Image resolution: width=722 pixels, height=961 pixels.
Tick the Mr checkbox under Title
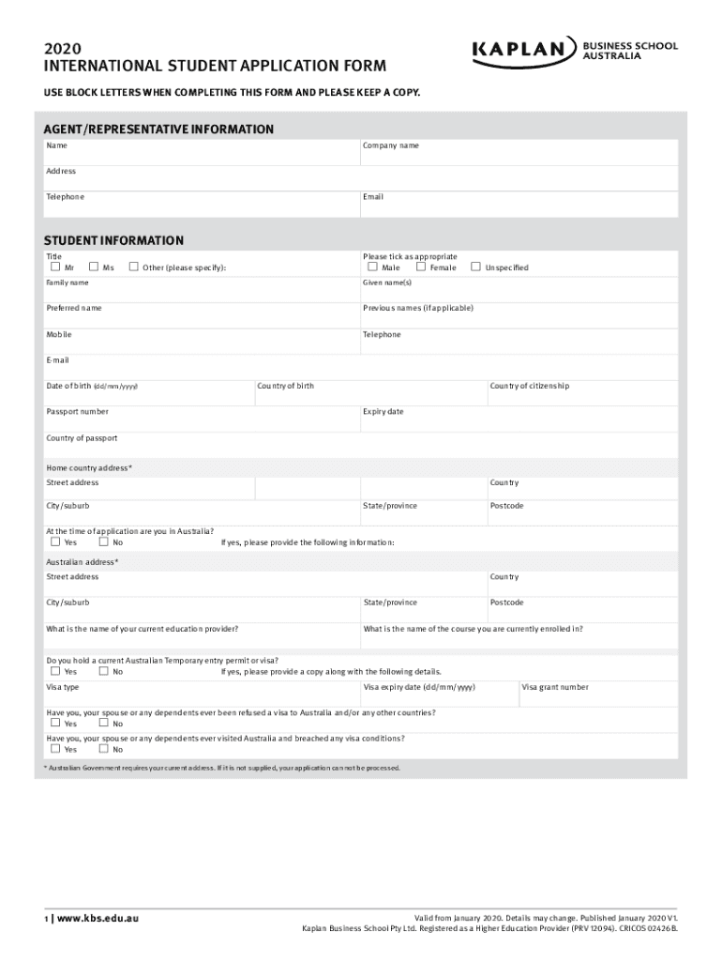[55, 267]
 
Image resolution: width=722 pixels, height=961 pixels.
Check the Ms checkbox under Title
[94, 267]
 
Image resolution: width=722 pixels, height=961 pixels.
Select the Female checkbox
[421, 267]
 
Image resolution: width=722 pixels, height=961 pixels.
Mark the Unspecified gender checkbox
[475, 267]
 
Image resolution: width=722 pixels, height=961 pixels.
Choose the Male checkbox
[372, 267]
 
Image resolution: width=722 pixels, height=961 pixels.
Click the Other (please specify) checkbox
[133, 267]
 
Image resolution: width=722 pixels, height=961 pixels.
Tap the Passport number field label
[77, 412]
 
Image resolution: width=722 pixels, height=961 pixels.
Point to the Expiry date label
[384, 412]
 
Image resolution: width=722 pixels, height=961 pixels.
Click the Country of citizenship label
[529, 386]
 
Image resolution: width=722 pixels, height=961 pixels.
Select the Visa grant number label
[555, 687]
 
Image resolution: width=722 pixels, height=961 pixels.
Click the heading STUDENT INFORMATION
[114, 241]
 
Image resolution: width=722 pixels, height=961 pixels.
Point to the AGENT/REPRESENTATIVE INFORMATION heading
[159, 130]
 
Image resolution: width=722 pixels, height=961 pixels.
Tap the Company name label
[391, 146]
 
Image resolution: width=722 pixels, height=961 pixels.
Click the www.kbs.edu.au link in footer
[98, 918]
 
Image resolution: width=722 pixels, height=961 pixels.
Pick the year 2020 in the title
[57, 48]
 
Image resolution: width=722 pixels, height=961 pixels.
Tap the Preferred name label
[74, 308]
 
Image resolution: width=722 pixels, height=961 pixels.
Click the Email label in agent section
[373, 197]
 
